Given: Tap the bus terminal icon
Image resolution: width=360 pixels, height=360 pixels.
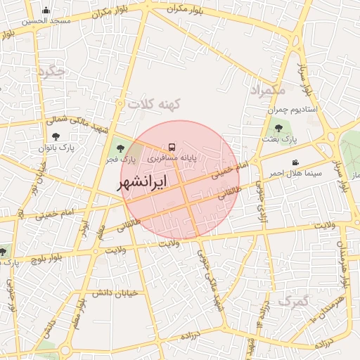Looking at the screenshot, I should pyautogui.click(x=172, y=148).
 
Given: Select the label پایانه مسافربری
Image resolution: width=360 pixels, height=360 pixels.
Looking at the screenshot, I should pyautogui.click(x=172, y=160).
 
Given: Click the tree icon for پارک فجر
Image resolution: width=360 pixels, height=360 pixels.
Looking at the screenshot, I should pyautogui.click(x=121, y=148).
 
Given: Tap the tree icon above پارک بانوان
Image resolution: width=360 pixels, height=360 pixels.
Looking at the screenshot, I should pyautogui.click(x=56, y=136).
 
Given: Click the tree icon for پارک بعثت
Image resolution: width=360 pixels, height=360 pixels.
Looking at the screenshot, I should pyautogui.click(x=279, y=128).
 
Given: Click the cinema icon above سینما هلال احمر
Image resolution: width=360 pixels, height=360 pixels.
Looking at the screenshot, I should pyautogui.click(x=295, y=162).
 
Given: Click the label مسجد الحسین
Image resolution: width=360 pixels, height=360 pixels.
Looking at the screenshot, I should pyautogui.click(x=46, y=21).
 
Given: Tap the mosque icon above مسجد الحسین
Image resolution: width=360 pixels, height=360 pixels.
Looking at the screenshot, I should pyautogui.click(x=46, y=10).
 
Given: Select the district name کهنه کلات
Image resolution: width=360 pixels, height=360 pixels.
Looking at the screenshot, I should pyautogui.click(x=154, y=104).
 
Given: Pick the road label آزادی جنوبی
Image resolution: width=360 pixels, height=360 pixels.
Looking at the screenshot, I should pyautogui.click(x=261, y=185).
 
